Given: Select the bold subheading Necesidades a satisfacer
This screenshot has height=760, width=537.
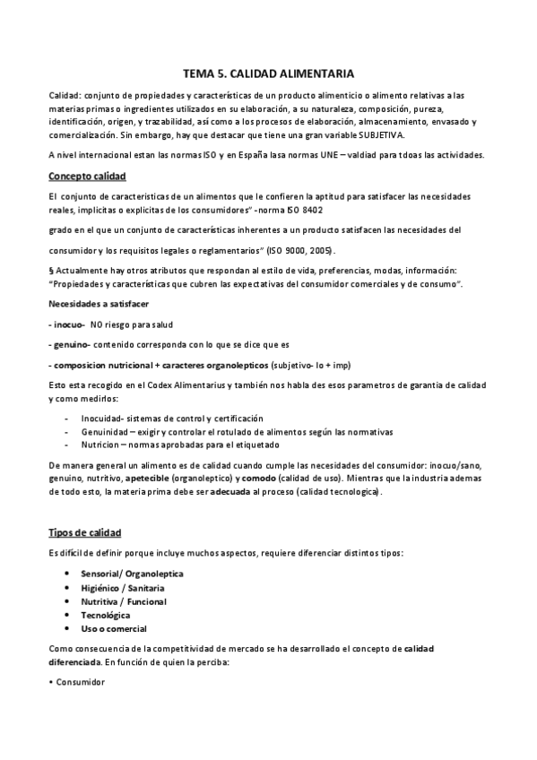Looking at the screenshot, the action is [x=100, y=304].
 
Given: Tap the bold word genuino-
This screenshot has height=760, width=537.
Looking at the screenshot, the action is [x=70, y=343].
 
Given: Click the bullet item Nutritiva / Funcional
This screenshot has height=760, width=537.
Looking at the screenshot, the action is [x=123, y=601].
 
